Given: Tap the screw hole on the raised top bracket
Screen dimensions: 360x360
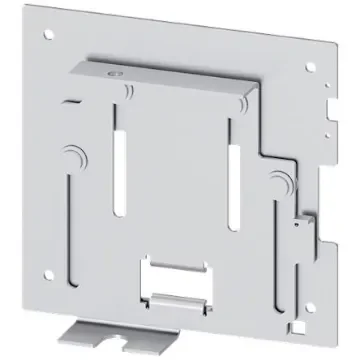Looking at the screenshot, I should pyautogui.click(x=113, y=73).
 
